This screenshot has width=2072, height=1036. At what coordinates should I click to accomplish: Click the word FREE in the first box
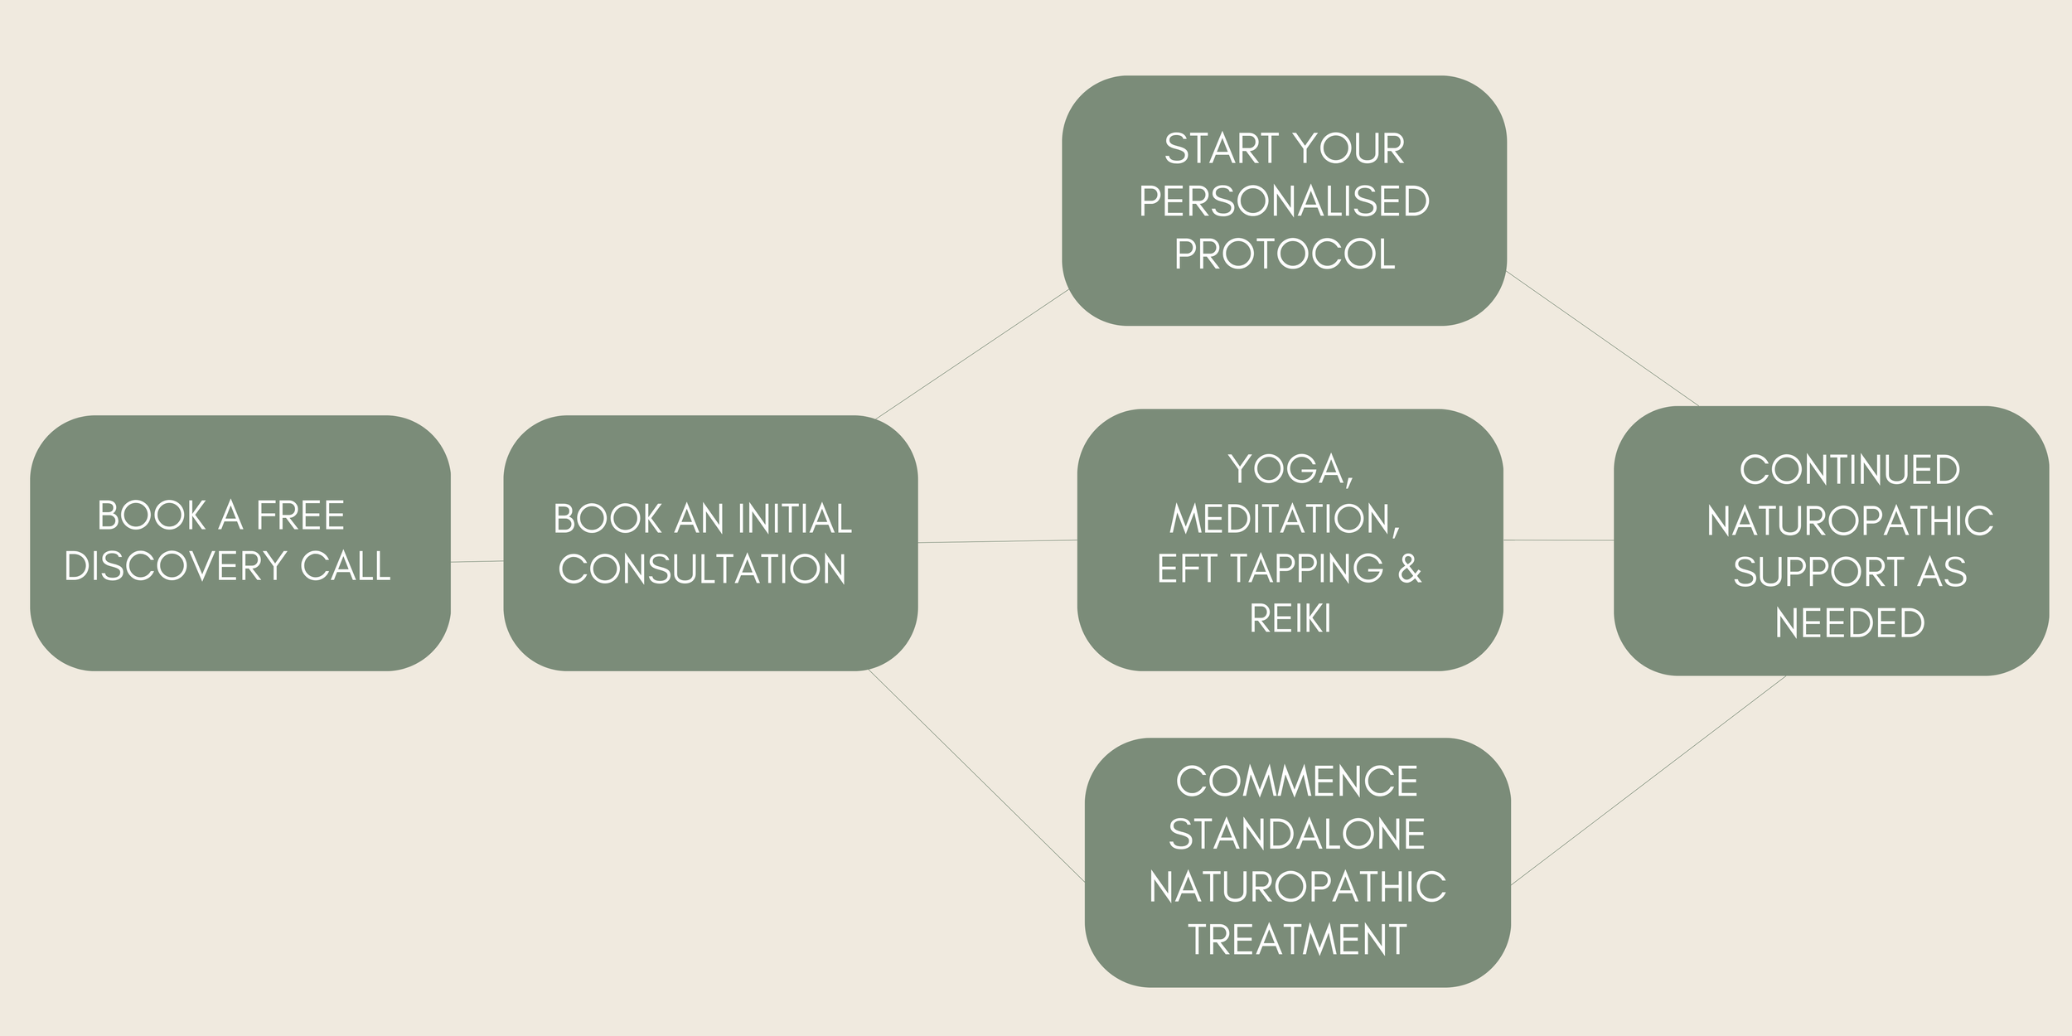point(300,516)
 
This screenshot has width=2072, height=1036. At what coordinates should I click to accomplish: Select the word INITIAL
point(794,520)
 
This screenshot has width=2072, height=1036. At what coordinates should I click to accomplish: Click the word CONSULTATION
point(702,570)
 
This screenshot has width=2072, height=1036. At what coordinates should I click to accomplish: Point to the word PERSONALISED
point(1284,201)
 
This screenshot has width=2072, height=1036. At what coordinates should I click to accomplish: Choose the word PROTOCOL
point(1284,254)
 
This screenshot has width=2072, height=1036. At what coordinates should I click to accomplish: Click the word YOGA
point(1290,470)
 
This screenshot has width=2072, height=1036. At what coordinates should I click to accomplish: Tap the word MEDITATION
point(1284,520)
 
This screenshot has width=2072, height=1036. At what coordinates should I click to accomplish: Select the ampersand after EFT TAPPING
point(1409,569)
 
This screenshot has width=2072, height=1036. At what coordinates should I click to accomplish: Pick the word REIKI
point(1290,619)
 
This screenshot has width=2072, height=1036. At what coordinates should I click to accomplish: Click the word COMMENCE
point(1297,782)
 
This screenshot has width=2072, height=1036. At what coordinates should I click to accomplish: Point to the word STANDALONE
point(1297,835)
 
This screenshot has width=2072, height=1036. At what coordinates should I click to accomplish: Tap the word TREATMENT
point(1297,940)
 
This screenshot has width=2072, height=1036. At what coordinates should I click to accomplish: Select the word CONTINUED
point(1849,471)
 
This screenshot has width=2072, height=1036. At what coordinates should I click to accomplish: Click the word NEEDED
point(1849,623)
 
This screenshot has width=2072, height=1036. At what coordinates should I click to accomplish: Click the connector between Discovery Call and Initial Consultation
point(477,562)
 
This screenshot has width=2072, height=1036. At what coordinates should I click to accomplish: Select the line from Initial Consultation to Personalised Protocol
point(971,355)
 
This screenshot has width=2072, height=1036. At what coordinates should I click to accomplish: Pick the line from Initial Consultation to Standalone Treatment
point(976,776)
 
